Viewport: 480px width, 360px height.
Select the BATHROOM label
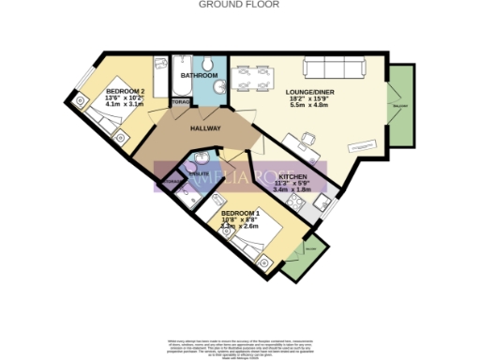click(199, 75)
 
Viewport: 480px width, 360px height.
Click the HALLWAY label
click(205, 128)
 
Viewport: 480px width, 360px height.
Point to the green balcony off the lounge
click(400, 106)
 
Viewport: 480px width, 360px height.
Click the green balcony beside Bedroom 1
click(304, 260)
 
